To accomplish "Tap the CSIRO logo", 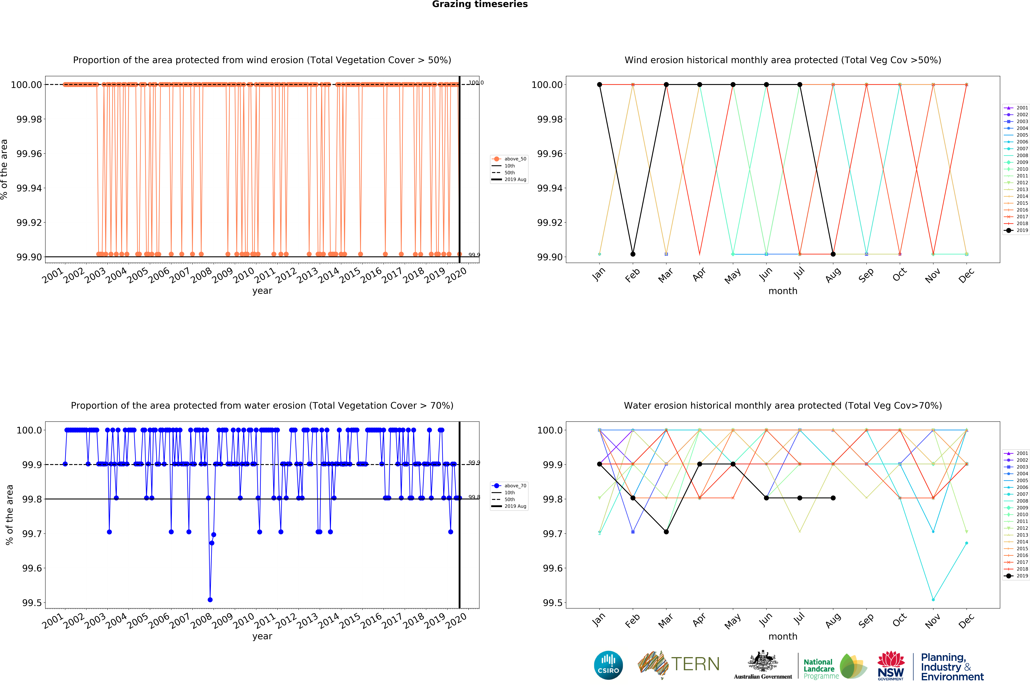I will [x=608, y=665].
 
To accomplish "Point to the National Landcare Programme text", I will [x=820, y=669].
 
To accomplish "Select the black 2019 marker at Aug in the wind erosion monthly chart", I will [x=833, y=254].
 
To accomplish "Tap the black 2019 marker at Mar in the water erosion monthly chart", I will [x=666, y=532].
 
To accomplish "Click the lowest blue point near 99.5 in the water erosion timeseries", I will [x=210, y=600].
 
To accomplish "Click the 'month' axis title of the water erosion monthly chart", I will [x=783, y=636].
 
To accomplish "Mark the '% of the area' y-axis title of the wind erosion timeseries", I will [x=4, y=170].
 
